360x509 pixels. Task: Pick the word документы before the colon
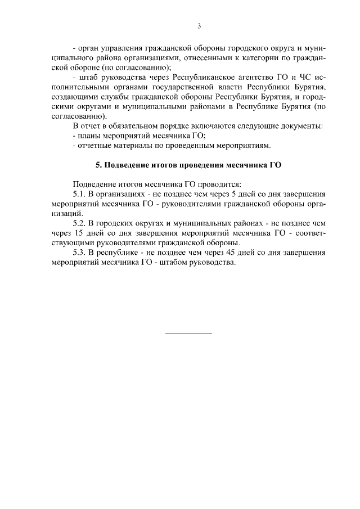pos(300,125)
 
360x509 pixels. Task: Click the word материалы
pos(132,146)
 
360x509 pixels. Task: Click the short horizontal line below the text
pos(188,334)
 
